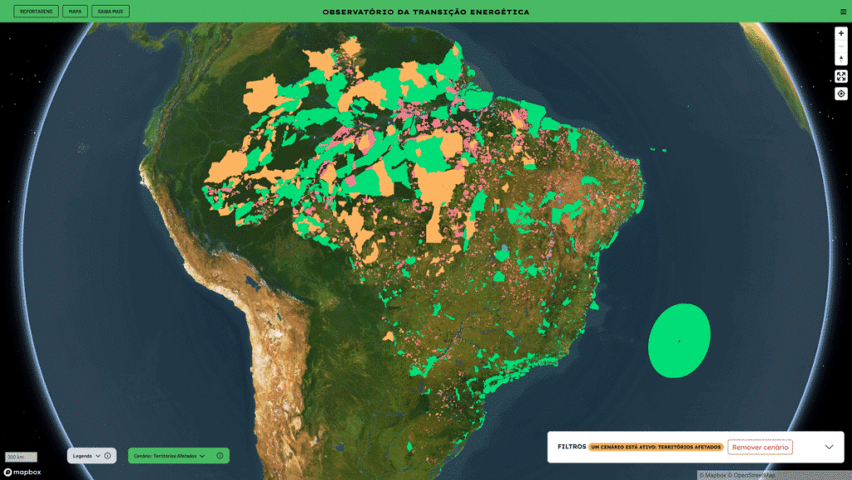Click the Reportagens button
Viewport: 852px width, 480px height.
coord(36,12)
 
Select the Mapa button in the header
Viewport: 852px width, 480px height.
coord(75,12)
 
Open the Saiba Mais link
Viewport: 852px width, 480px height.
coord(111,12)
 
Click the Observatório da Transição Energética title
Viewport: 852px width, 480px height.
coord(425,12)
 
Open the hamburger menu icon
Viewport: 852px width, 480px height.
coord(843,12)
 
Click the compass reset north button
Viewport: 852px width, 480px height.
coord(841,57)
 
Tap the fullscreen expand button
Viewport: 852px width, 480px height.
coord(841,77)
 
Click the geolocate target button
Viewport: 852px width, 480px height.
coord(841,93)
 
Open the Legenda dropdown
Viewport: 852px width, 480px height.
coord(86,456)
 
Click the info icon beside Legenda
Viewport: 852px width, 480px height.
coord(107,456)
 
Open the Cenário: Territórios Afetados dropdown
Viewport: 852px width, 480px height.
coord(169,456)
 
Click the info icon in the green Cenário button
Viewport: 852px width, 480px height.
coord(220,456)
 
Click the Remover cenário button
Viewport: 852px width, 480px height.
coord(760,447)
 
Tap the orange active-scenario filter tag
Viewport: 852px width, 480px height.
coord(656,447)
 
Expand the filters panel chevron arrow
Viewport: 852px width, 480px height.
coord(829,447)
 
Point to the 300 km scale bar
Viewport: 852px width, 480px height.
coord(16,457)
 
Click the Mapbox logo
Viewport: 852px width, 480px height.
coord(22,472)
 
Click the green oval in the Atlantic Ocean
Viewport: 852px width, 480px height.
coord(679,341)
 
